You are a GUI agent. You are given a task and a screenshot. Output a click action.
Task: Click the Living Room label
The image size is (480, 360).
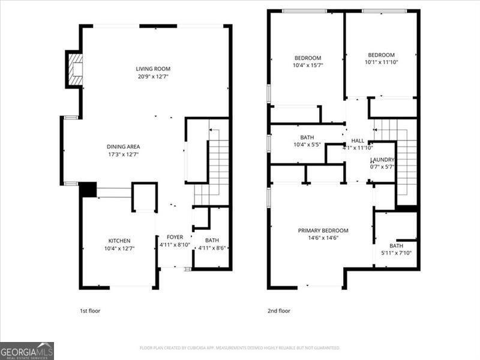154,69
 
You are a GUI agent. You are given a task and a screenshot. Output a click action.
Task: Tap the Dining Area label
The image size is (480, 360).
123,147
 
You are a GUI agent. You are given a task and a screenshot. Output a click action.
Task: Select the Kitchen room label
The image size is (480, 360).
119,241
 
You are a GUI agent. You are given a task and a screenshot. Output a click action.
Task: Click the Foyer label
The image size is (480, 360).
175,237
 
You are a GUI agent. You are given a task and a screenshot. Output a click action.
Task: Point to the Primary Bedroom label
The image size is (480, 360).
323,230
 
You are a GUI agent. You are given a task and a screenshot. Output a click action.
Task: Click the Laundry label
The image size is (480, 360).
383,160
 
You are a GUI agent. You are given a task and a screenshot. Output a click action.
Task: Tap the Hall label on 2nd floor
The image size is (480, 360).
358,140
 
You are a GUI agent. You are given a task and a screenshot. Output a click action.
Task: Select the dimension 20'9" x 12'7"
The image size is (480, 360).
154,77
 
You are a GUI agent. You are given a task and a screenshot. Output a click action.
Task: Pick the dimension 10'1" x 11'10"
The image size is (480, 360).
381,62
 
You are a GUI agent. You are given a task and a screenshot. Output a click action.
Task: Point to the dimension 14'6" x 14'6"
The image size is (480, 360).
323,238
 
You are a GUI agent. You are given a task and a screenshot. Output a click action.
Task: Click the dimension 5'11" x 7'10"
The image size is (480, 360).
396,253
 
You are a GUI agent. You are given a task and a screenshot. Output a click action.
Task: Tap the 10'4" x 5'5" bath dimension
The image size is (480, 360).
307,145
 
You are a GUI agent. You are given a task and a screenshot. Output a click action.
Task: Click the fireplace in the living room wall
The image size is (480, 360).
75,69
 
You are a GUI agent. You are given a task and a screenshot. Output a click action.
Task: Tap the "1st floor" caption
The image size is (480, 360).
91,311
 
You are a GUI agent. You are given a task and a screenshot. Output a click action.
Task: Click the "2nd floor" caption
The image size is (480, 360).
278,311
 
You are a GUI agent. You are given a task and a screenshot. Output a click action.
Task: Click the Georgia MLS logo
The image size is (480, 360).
27,350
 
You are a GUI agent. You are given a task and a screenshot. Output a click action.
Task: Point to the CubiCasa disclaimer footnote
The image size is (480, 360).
240,348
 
